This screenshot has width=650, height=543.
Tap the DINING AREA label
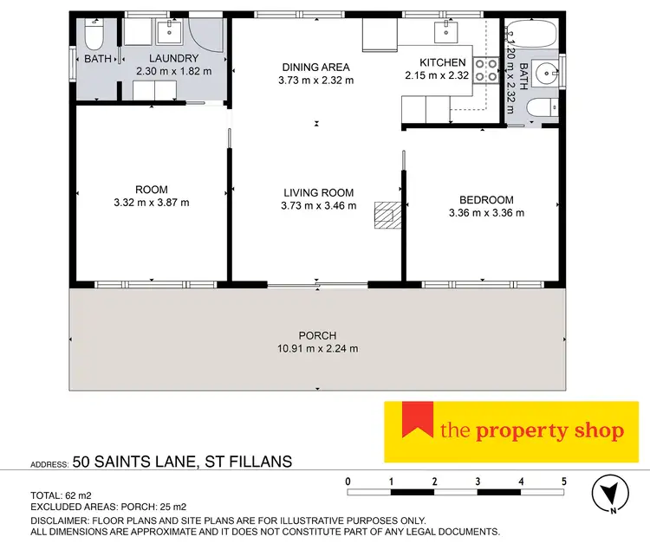click(316, 67)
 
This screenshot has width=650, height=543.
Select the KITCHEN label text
click(443, 62)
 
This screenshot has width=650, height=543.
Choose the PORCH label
click(317, 336)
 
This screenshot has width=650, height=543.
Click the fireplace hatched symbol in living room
click(384, 215)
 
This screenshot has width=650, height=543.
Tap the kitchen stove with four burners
click(484, 69)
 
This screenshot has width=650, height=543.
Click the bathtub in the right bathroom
click(533, 35)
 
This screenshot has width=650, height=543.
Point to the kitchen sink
click(447, 33)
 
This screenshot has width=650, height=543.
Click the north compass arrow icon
click(611, 496)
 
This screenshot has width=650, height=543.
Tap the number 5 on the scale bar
click(564, 481)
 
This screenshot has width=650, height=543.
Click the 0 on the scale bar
click(348, 481)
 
